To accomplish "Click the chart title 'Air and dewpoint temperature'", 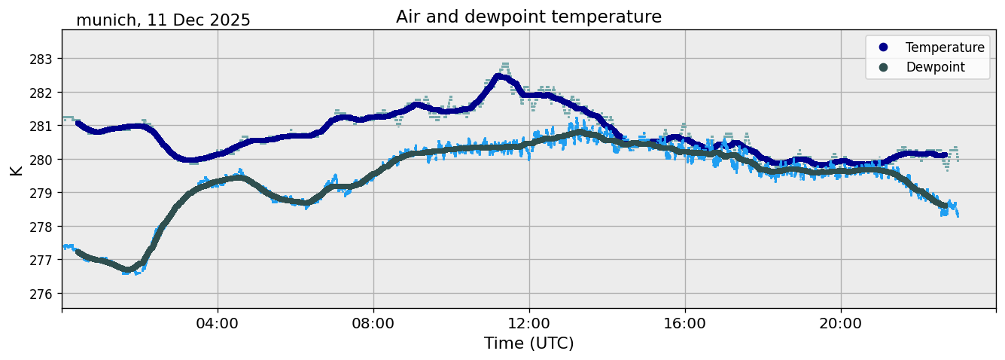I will tap(528, 17).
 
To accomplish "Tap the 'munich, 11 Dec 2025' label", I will tap(163, 20).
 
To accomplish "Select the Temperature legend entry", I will tap(945, 47).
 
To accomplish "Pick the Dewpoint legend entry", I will tap(935, 67).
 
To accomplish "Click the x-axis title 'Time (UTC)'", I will tap(528, 343).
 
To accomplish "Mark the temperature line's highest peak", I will tap(500, 76).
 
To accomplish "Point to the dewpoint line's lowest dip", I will tap(129, 269).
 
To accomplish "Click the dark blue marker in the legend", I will tap(883, 47).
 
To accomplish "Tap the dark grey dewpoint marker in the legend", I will tap(883, 67).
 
